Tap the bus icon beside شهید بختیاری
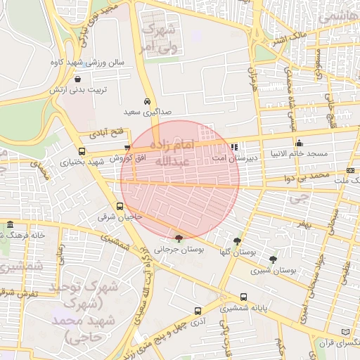click(x=82, y=151)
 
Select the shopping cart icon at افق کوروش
click(x=127, y=148)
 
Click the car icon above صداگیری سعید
click(x=147, y=101)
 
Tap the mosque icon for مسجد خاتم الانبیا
click(x=299, y=143)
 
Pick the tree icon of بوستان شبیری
click(x=273, y=259)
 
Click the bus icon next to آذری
click(x=197, y=309)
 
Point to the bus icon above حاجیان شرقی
click(x=120, y=207)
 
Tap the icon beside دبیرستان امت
click(x=234, y=147)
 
